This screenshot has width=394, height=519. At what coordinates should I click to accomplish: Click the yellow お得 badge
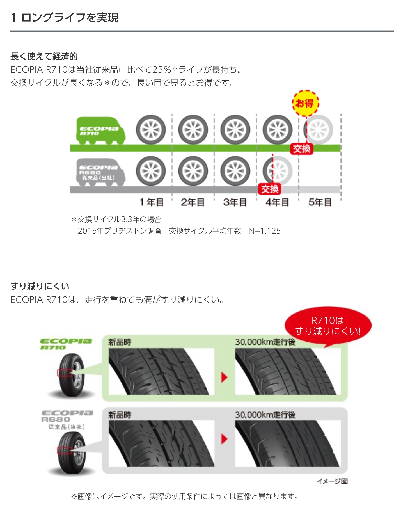tap(306, 103)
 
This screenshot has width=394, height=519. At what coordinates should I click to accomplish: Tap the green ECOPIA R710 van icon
tap(101, 131)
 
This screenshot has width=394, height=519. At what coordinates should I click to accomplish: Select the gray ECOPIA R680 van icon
tap(101, 172)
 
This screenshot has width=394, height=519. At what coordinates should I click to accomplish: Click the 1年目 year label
tap(152, 202)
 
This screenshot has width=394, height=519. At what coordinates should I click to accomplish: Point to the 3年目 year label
tap(235, 202)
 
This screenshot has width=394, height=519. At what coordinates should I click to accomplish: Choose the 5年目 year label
tap(320, 202)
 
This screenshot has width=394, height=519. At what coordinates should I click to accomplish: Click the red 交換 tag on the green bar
tap(302, 149)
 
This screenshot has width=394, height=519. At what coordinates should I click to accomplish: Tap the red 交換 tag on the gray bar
tap(270, 189)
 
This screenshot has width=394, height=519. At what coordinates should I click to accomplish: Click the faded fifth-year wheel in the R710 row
tap(319, 130)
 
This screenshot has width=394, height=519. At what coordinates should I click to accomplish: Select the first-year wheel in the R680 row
tap(151, 171)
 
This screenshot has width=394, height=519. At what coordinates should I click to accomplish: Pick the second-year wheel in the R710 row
tap(193, 130)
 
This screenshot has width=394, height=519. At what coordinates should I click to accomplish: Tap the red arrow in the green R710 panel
tap(224, 378)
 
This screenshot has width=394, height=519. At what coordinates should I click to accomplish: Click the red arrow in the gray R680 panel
tap(224, 439)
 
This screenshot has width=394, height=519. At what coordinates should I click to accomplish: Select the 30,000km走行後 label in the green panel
tap(265, 342)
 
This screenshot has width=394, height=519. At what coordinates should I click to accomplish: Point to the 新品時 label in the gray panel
tap(120, 415)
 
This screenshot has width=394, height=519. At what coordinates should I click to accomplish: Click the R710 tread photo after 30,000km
tap(288, 372)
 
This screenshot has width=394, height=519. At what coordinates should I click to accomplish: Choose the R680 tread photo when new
tap(162, 444)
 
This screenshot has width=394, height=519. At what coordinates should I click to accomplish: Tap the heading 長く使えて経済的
tap(44, 56)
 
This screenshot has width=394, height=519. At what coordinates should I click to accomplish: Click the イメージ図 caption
tap(332, 481)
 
